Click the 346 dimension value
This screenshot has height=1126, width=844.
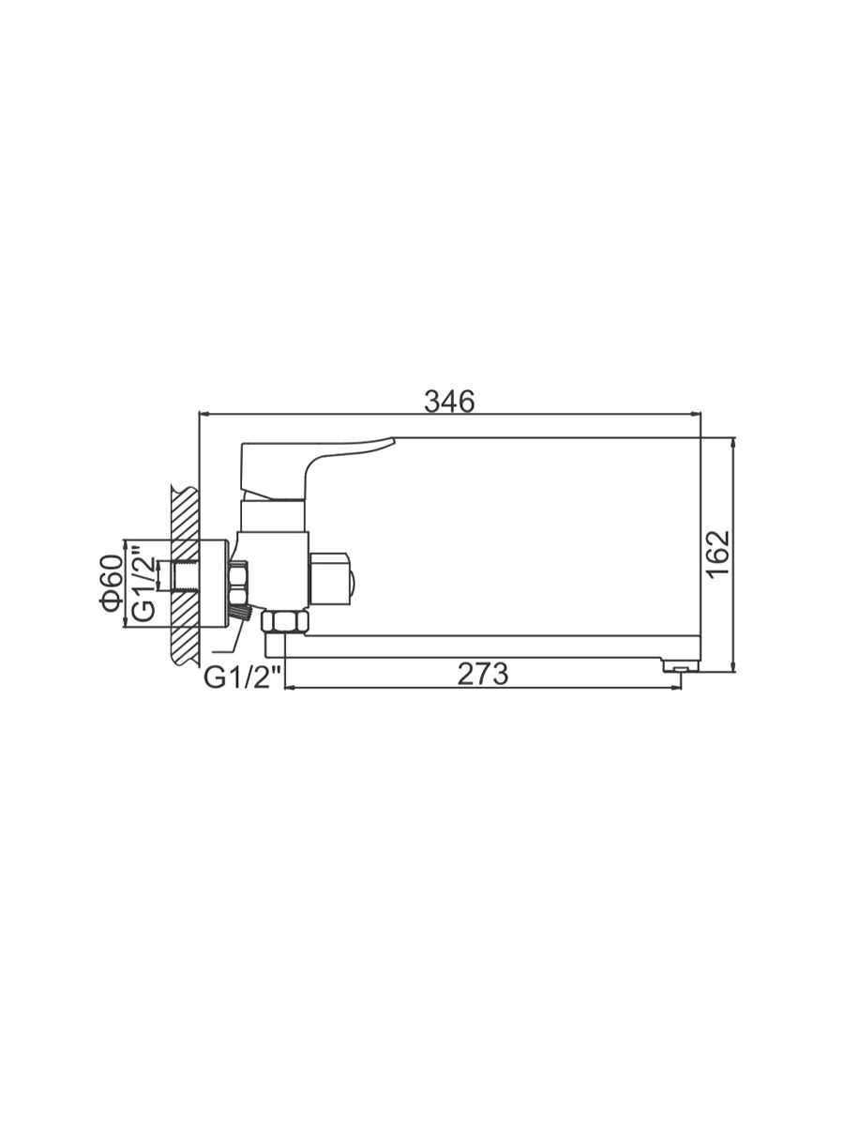[449, 402]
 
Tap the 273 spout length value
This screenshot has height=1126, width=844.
[483, 674]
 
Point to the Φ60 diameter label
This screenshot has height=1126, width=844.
[113, 584]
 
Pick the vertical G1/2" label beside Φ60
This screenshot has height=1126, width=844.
[143, 584]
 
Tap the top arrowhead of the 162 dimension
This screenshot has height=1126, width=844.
[734, 443]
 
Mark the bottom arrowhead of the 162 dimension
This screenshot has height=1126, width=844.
[734, 665]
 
